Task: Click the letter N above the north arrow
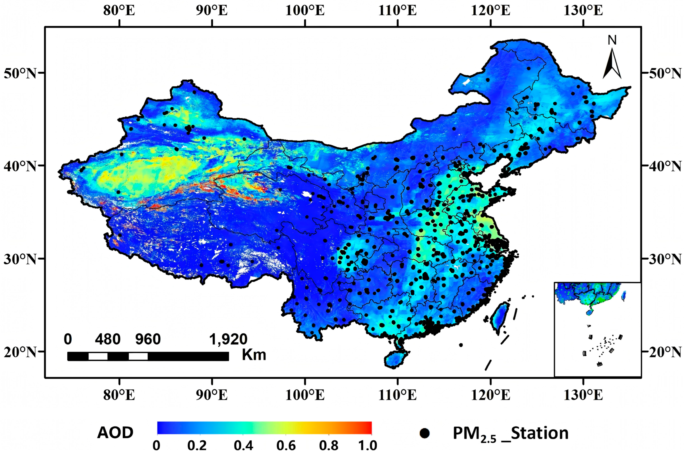tap(612, 41)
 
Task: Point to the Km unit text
tap(254, 355)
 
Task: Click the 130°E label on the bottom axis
tap(583, 395)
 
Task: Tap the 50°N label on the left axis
tap(20, 74)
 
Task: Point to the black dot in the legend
tap(425, 433)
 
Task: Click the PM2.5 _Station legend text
tap(510, 434)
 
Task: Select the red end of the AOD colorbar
tap(368, 428)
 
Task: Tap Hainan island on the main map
tap(395, 358)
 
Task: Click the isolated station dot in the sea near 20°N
tap(461, 345)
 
